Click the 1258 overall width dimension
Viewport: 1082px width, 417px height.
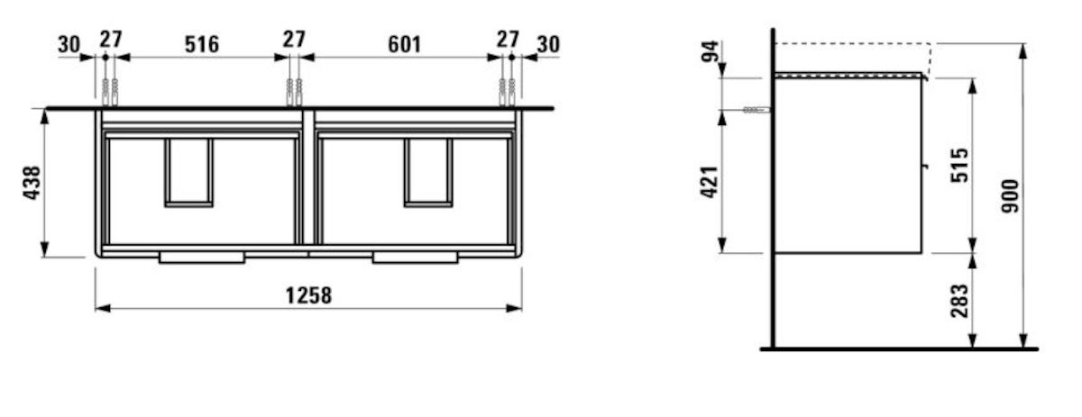coord(308,295)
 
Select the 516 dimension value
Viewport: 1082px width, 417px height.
coord(202,44)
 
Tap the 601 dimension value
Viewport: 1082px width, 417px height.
coord(404,44)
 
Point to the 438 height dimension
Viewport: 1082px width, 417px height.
coord(32,183)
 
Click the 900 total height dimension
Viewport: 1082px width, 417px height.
coord(1010,195)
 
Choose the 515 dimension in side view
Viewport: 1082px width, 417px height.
coord(959,166)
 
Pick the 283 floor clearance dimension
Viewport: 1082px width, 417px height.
coord(959,301)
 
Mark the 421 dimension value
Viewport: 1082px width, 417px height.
coord(711,182)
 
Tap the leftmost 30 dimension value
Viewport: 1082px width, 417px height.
coord(69,45)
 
